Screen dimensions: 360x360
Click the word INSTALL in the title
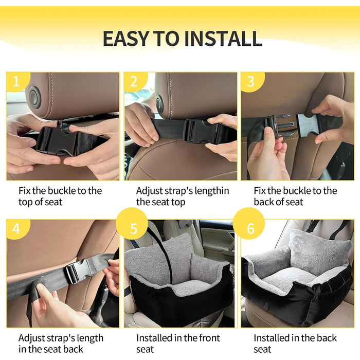click(x=223, y=39)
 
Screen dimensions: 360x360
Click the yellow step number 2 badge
click(x=135, y=81)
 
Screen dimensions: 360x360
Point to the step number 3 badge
click(x=252, y=81)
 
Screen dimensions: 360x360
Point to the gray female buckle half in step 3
click(x=307, y=125)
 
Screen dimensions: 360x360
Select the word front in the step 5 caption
click(x=209, y=338)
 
